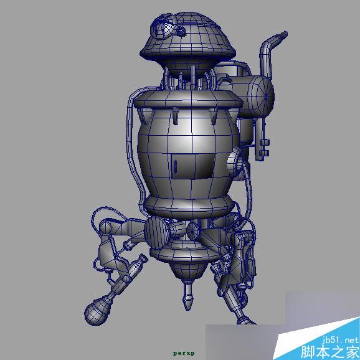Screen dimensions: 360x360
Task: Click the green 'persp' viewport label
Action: (x=184, y=353)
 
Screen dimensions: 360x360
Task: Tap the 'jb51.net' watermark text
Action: (x=341, y=340)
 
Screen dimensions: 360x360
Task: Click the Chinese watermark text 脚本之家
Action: (x=330, y=351)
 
